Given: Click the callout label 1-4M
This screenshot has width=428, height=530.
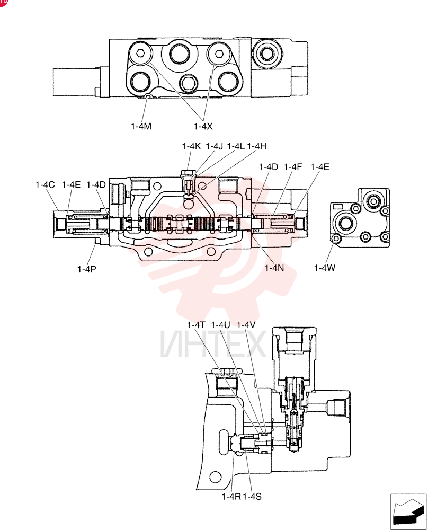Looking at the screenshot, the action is point(141,127).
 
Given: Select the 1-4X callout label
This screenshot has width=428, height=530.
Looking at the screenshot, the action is point(203,127).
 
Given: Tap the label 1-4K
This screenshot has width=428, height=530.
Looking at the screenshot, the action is point(192,146).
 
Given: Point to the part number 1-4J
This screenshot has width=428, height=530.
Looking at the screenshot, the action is point(215,146).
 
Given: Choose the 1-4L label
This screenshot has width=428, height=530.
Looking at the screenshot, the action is point(236,146).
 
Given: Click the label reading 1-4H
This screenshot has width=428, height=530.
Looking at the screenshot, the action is point(257,146).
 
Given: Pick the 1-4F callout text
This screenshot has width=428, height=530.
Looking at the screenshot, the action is point(293,167).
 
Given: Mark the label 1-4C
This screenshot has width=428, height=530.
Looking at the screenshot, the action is point(45,185).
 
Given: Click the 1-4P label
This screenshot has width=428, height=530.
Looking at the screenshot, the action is point(87,269).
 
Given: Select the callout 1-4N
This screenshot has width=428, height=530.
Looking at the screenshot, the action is point(274,268).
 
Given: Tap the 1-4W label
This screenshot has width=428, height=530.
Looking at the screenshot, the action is point(325,268).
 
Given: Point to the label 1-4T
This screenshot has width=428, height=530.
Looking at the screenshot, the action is point(197,325).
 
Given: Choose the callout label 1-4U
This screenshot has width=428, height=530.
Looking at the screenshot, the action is point(220,325).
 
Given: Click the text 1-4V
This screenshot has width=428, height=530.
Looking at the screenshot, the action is point(246,325).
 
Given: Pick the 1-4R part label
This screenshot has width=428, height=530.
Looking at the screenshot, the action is point(231,497).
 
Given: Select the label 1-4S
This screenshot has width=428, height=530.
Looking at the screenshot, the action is point(252,497).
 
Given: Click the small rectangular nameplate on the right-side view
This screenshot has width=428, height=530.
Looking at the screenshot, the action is point(338,207).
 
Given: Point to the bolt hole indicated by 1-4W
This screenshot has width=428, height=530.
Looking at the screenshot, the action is point(336,239).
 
